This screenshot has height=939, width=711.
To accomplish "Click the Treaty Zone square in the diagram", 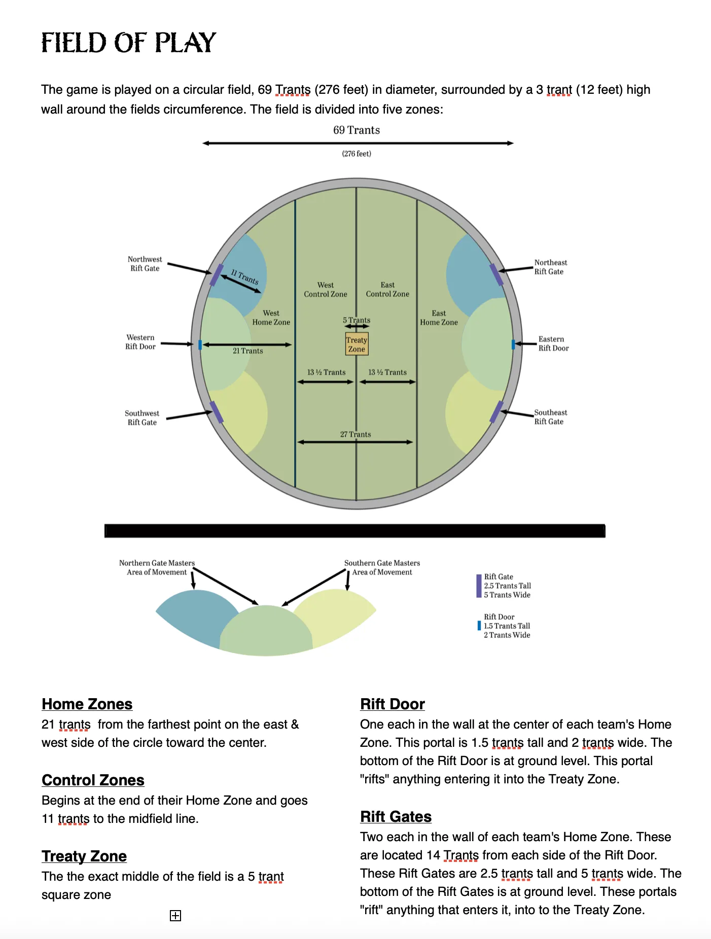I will (x=357, y=344).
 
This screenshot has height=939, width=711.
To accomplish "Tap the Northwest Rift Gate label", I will (x=145, y=264).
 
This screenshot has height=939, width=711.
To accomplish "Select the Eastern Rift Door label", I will (x=553, y=344).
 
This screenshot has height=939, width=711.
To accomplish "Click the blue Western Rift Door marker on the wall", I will (x=200, y=345).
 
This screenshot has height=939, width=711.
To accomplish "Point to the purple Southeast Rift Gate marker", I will (x=496, y=412).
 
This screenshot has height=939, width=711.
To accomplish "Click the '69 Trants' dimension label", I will (x=357, y=130).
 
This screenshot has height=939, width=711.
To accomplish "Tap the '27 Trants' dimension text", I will (x=355, y=435).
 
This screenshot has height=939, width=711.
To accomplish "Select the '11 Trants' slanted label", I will (x=245, y=277).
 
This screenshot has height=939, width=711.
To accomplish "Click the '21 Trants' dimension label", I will (x=247, y=351).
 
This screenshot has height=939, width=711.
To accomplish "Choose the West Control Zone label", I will (x=326, y=290).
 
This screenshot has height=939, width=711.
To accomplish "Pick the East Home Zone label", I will (x=439, y=318).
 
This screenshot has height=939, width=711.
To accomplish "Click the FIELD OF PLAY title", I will (x=129, y=43).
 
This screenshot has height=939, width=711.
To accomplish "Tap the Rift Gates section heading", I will (x=396, y=817).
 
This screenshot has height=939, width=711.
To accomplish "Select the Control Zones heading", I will (x=93, y=780).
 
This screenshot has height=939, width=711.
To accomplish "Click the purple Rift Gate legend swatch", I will (x=479, y=586).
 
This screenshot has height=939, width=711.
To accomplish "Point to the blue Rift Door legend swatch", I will (x=479, y=626).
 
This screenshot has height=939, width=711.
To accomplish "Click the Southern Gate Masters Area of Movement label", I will (x=382, y=567).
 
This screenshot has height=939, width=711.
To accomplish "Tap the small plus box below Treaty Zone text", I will (x=175, y=915).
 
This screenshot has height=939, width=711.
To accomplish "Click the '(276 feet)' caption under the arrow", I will (x=357, y=154).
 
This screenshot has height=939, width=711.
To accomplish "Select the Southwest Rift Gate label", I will (x=142, y=418).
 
